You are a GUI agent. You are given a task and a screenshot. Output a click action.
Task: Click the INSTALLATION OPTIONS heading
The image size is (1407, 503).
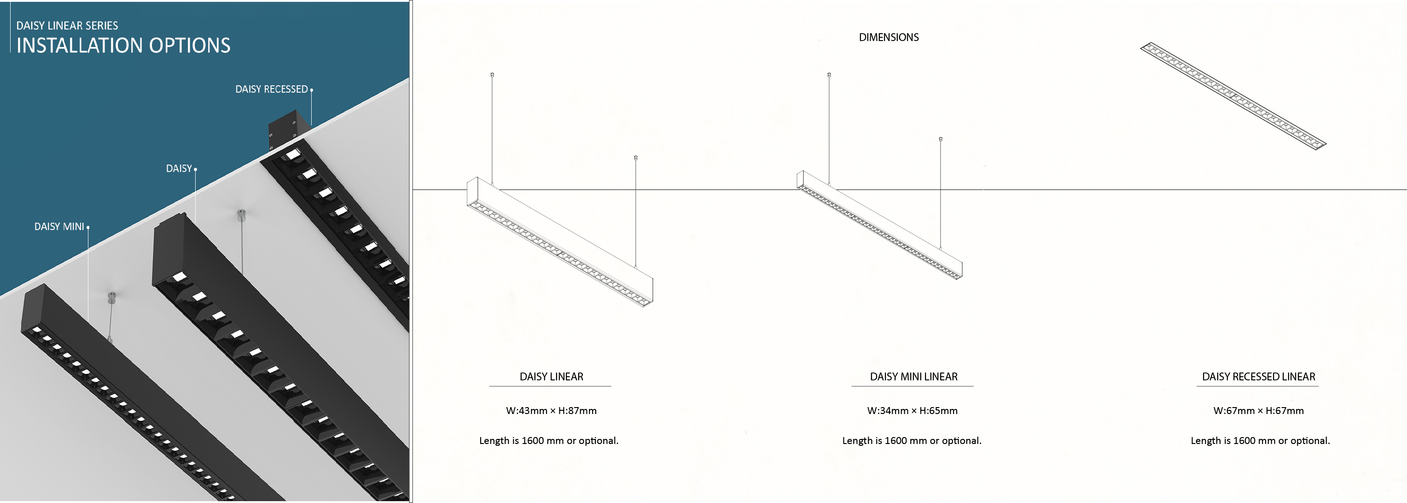tap(123, 45)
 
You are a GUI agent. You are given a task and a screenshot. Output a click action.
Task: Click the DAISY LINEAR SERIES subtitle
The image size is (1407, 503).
tap(67, 26)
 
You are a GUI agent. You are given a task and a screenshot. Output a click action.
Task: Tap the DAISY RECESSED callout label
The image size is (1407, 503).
tap(272, 89)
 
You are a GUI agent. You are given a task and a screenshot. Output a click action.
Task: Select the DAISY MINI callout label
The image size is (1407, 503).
tap(59, 226)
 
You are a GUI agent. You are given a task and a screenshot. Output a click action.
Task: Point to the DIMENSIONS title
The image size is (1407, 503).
tap(889, 37)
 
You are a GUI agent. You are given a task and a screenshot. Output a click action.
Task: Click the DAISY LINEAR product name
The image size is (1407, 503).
tap(551, 377)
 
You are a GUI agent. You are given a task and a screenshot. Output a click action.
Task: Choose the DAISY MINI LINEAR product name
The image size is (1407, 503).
tap(913, 377)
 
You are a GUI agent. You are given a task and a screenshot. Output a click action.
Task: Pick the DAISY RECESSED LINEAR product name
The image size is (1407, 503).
tap(1258, 377)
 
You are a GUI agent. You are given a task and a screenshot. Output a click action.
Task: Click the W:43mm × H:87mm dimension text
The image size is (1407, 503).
tap(551, 411)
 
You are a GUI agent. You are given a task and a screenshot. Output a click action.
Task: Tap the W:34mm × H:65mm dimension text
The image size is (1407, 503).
tap(912, 411)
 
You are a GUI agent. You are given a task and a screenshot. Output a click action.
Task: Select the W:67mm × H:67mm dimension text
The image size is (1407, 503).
tap(1258, 411)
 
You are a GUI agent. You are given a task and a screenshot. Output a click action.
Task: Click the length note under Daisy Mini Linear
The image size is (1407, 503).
tap(912, 441)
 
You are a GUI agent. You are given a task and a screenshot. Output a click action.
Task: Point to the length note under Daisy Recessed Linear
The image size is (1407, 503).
tap(1260, 441)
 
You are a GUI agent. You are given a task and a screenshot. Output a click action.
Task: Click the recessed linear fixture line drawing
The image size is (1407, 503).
tap(1233, 96)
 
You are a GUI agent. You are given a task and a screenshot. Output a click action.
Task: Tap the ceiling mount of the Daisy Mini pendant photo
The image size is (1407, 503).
tap(111, 297)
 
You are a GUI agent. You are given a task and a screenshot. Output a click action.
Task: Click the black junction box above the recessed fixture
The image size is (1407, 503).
tap(288, 130)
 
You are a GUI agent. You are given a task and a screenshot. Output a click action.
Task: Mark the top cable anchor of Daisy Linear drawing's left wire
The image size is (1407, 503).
tap(492, 74)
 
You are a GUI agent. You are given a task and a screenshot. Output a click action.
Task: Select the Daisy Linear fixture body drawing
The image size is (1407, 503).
tap(560, 242)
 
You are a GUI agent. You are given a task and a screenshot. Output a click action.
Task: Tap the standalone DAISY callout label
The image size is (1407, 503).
tap(179, 168)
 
